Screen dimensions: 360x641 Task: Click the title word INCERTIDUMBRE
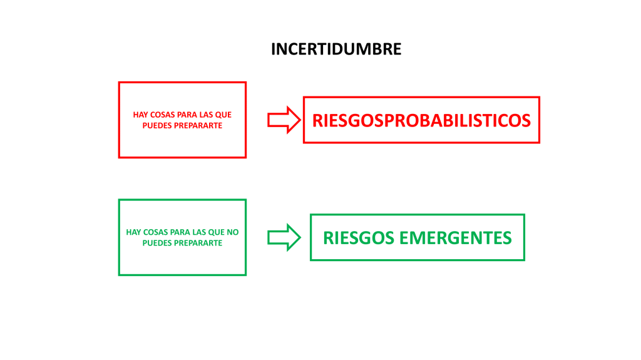[336, 49]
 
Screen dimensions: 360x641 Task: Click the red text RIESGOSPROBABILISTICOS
[421, 120]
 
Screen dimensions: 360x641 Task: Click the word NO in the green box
[232, 232]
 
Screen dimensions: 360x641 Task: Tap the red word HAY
[141, 115]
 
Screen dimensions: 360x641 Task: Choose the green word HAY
[134, 232]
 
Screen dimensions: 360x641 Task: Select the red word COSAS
[163, 115]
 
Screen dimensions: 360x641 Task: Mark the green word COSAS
[156, 232]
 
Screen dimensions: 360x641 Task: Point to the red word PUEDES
[160, 125]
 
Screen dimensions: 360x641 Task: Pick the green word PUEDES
[156, 242]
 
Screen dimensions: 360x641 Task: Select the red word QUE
[223, 115]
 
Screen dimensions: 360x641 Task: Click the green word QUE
[217, 232]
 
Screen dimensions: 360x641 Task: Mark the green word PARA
[180, 232]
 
